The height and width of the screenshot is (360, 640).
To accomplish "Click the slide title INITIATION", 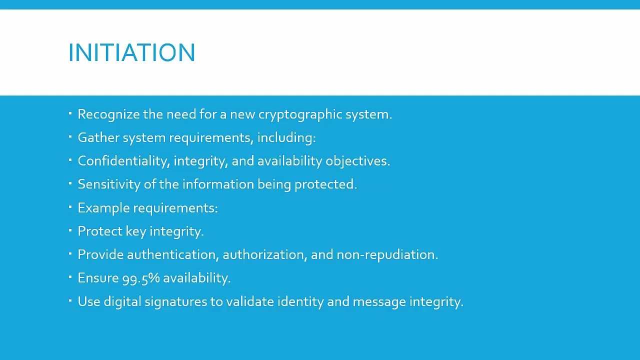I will pyautogui.click(x=131, y=52).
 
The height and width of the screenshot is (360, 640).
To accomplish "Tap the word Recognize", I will pyautogui.click(x=108, y=114).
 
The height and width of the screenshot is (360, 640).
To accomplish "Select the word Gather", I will pyautogui.click(x=98, y=137).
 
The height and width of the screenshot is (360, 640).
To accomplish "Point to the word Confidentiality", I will pyautogui.click(x=123, y=161).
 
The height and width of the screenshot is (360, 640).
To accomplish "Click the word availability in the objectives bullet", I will pyautogui.click(x=290, y=161).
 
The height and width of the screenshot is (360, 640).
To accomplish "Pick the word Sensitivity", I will pyautogui.click(x=109, y=184).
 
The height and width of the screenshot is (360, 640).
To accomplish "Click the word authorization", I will pyautogui.click(x=264, y=254).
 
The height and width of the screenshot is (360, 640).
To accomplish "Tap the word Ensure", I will pyautogui.click(x=98, y=278).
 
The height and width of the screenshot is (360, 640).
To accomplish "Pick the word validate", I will pyautogui.click(x=250, y=301).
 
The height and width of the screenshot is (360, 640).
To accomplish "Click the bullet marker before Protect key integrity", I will pyautogui.click(x=70, y=230).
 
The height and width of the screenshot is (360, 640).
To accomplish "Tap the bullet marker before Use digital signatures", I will pyautogui.click(x=70, y=300).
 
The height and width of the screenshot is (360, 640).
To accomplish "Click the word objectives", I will pyautogui.click(x=357, y=161).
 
